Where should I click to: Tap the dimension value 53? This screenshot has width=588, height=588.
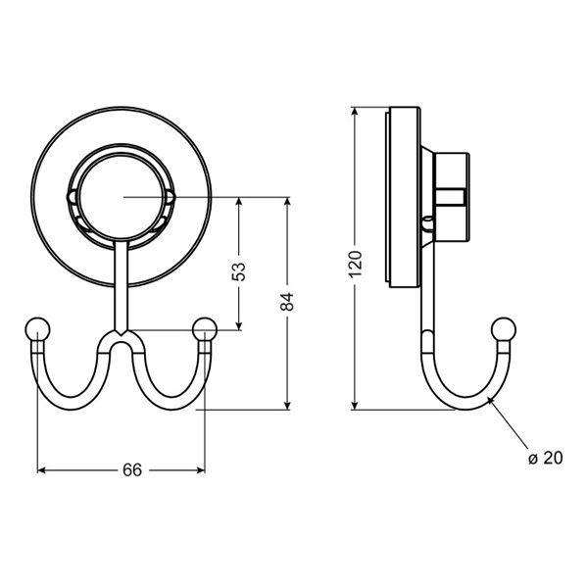click(239, 271)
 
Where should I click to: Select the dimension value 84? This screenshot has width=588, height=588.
click(287, 303)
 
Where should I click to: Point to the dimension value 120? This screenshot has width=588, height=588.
click(355, 262)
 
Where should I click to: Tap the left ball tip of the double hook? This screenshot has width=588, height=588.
click(37, 328)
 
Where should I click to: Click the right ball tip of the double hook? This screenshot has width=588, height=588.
click(205, 328)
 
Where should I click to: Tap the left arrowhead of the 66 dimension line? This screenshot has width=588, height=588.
click(42, 470)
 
